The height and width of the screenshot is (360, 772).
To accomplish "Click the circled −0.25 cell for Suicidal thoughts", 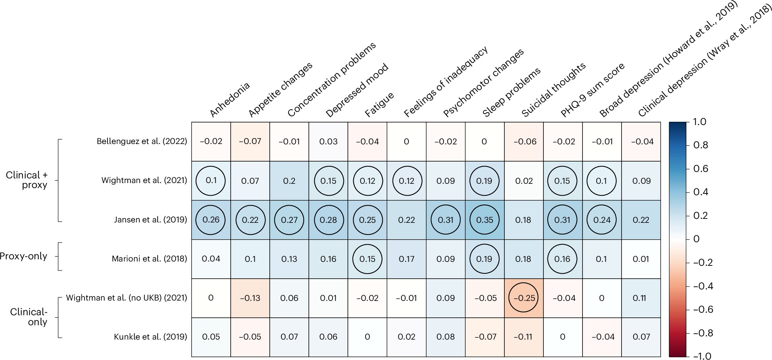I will tap(523, 298).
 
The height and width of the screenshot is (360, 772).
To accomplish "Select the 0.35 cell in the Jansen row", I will tap(484, 220).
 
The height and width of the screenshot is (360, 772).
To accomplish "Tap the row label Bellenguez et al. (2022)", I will tap(142, 141).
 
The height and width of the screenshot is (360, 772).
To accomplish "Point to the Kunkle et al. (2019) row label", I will tap(150, 336).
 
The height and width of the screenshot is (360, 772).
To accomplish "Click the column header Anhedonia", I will tap(229, 100).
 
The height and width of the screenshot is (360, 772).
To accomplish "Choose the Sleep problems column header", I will tap(511, 93).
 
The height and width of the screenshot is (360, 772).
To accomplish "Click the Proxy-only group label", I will tap(24, 256).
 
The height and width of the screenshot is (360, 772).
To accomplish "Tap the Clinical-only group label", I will tap(29, 317).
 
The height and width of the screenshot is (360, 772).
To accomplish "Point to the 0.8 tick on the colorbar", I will tap(700, 145).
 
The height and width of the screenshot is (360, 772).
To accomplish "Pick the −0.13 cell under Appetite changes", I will tap(250, 298).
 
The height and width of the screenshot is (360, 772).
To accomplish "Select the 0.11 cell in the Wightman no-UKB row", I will tap(641, 298).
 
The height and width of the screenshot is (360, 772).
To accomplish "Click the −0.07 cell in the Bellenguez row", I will tap(250, 141).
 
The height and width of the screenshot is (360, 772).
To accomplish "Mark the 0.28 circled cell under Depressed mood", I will tap(329, 220).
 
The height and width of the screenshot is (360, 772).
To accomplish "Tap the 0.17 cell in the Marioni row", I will tap(406, 259).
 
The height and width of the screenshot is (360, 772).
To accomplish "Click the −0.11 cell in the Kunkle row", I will tap(523, 336).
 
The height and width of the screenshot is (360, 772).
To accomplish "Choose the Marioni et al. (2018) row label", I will tap(149, 259).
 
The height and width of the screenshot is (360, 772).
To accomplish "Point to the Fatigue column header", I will tap(379, 104).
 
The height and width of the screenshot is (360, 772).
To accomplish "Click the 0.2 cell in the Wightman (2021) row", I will tap(289, 181).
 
